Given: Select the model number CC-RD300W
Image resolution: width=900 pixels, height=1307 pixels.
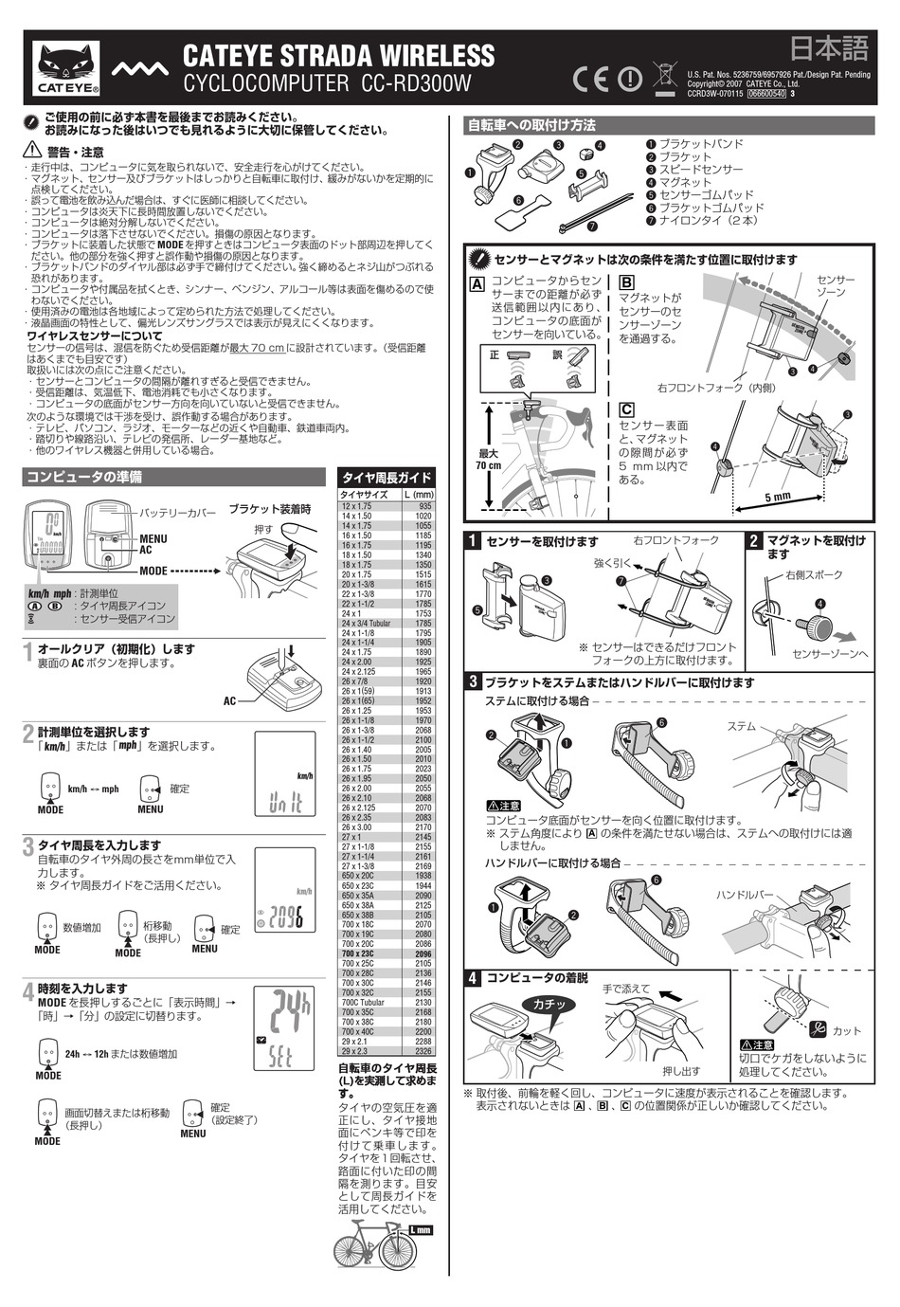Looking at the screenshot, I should pyautogui.click(x=416, y=84).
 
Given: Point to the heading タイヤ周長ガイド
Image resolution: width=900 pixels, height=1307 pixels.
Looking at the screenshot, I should pyautogui.click(x=387, y=478).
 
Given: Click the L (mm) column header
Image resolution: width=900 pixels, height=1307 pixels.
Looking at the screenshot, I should pyautogui.click(x=418, y=495).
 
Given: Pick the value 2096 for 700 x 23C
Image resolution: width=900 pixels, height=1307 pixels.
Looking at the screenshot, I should pyautogui.click(x=422, y=954).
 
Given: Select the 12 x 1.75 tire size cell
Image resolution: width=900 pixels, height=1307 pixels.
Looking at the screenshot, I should pyautogui.click(x=357, y=506).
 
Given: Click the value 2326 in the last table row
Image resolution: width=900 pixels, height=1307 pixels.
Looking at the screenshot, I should pyautogui.click(x=423, y=1051).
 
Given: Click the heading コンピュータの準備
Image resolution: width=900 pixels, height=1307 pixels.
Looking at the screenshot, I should pyautogui.click(x=84, y=477).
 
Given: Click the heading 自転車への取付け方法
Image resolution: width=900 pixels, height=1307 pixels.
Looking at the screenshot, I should pyautogui.click(x=531, y=125).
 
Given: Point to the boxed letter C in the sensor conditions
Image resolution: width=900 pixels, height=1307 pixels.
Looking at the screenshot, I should pyautogui.click(x=626, y=410).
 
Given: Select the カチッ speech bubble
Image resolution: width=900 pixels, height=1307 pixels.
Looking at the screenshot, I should pyautogui.click(x=549, y=1004).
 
